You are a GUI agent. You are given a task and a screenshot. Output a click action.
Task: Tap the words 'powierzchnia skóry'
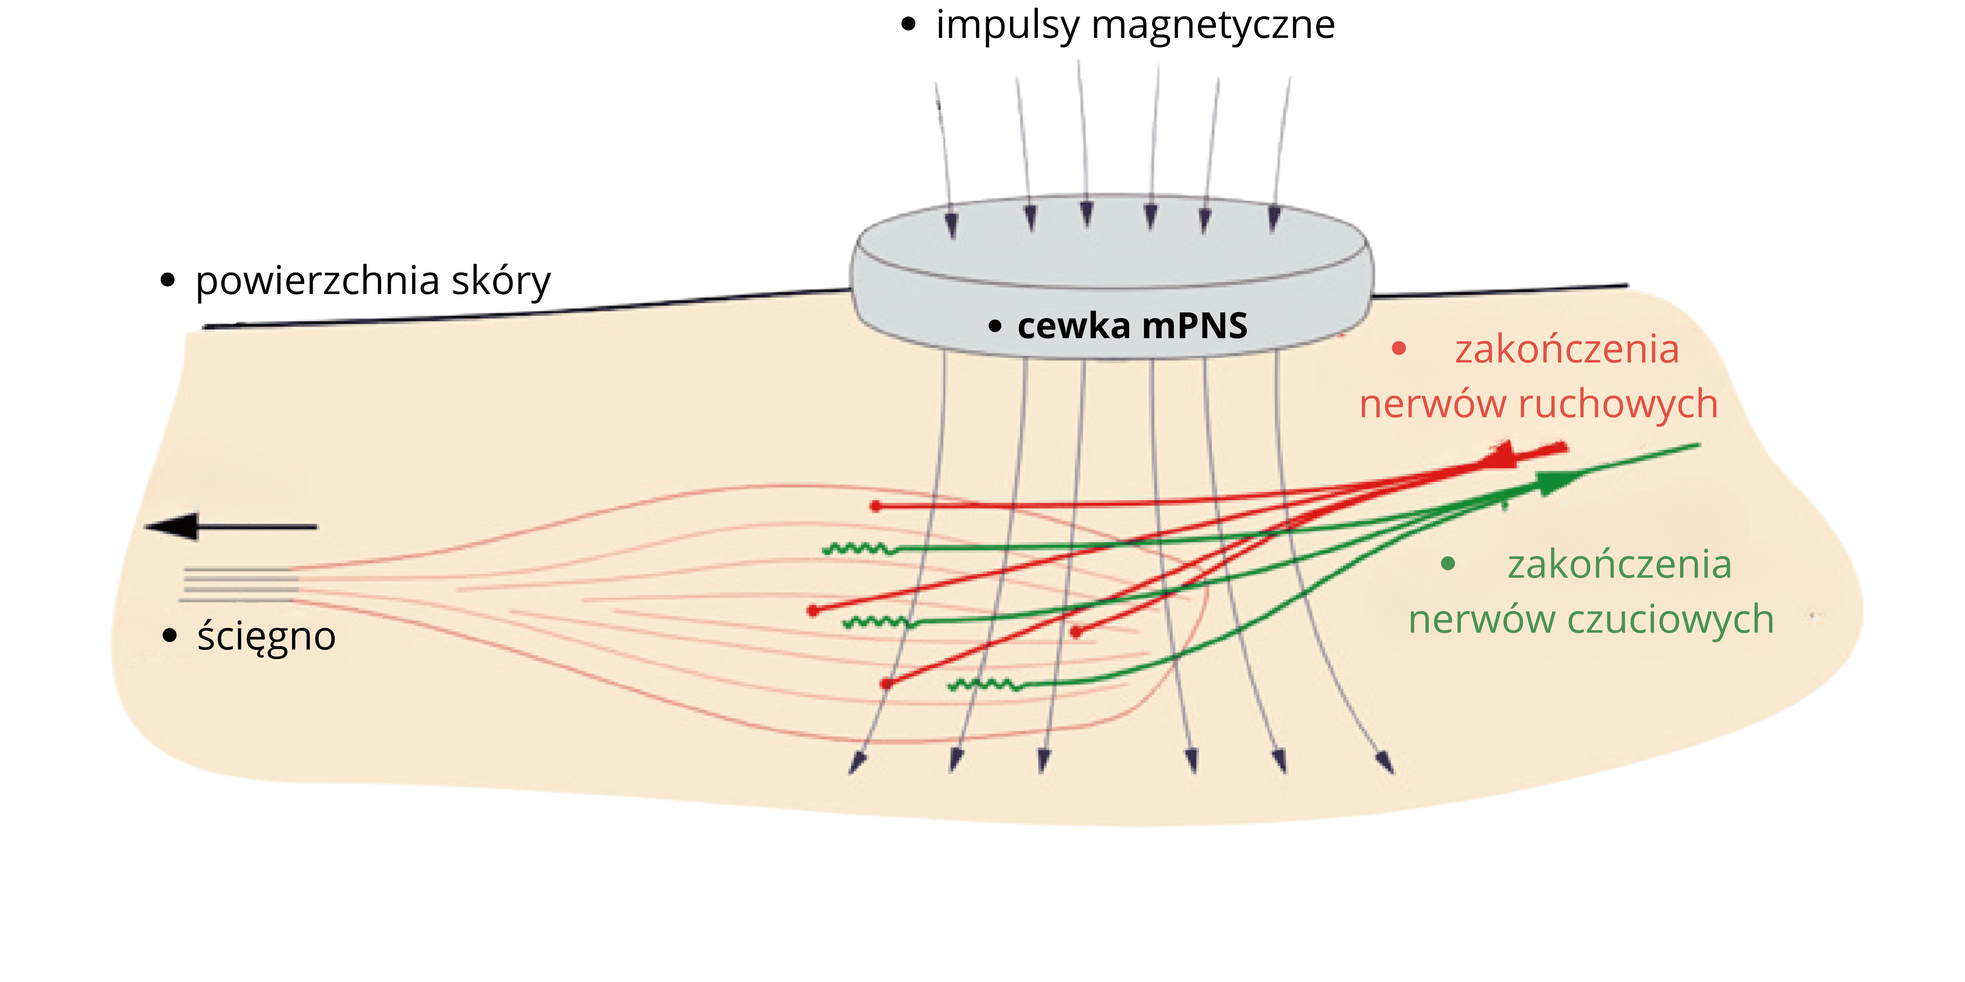(373, 281)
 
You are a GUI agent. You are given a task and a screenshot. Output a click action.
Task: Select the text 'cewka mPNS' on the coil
(1132, 325)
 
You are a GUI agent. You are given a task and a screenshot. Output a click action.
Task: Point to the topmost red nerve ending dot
(876, 506)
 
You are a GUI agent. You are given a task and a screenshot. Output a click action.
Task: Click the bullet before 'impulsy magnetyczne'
(908, 24)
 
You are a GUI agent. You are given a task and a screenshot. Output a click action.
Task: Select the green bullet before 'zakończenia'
(1448, 564)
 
